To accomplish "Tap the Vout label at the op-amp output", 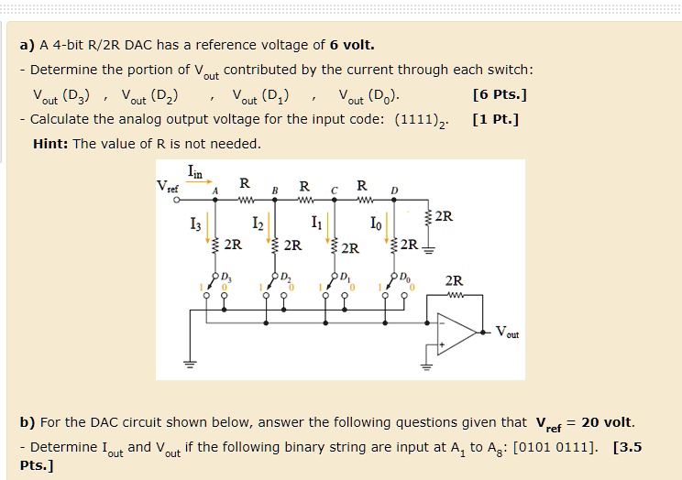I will [x=506, y=333].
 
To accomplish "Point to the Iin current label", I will [x=196, y=169].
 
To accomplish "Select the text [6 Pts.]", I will [x=500, y=94].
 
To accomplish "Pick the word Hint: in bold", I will [x=50, y=144].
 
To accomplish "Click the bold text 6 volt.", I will [x=352, y=45].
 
